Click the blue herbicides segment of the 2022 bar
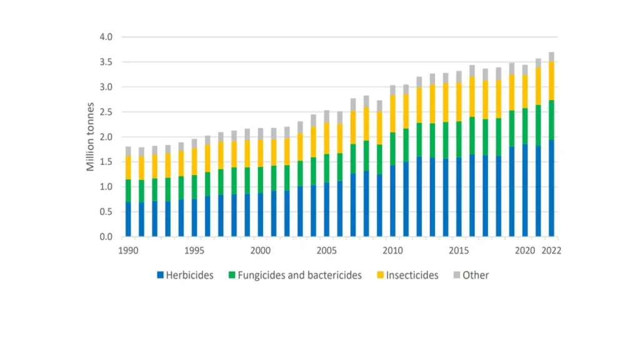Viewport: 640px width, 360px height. (551, 187)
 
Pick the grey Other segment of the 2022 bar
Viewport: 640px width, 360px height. (551, 57)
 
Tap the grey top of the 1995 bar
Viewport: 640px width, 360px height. (194, 143)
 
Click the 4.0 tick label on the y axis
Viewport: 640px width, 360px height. (106, 37)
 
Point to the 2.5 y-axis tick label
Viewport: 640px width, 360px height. (106, 112)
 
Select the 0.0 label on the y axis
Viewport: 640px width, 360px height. (106, 237)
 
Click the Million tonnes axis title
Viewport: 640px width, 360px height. (91, 136)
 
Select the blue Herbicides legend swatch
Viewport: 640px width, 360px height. (161, 275)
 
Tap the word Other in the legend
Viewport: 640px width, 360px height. (476, 275)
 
